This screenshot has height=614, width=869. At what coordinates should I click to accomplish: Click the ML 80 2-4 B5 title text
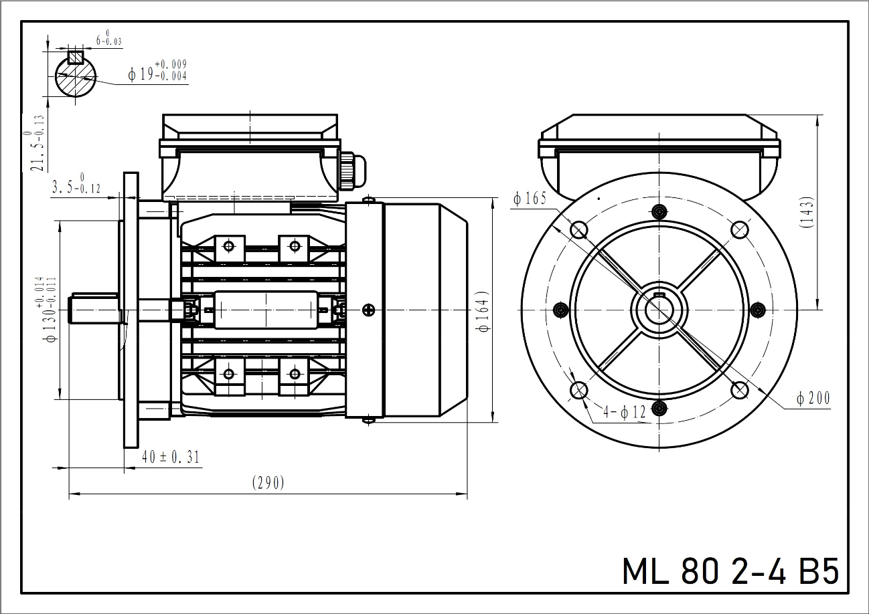730,571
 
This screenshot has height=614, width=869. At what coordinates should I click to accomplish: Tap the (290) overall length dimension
268,483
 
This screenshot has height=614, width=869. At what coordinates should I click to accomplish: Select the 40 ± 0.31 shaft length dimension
171,457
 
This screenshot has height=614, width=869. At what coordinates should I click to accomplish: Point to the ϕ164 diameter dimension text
484,312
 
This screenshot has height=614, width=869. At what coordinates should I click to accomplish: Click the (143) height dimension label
807,213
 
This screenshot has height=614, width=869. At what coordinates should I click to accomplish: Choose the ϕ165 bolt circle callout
530,199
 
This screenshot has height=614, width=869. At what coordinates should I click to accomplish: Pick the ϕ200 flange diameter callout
813,398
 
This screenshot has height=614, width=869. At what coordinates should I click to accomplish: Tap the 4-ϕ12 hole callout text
624,411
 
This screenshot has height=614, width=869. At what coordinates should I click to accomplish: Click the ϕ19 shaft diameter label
157,70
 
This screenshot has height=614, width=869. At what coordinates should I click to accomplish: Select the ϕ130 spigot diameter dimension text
50,310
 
